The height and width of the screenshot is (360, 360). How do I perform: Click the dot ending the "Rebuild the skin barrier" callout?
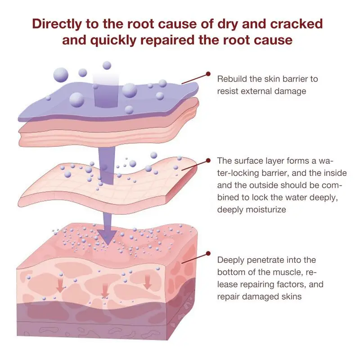point(208,73)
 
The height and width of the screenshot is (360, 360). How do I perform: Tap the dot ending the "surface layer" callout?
point(208,160)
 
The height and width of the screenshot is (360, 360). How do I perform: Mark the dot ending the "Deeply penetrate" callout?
point(208,254)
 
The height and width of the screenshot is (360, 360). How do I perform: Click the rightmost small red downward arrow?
point(147,283)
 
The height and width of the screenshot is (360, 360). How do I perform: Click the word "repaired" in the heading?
point(173,40)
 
